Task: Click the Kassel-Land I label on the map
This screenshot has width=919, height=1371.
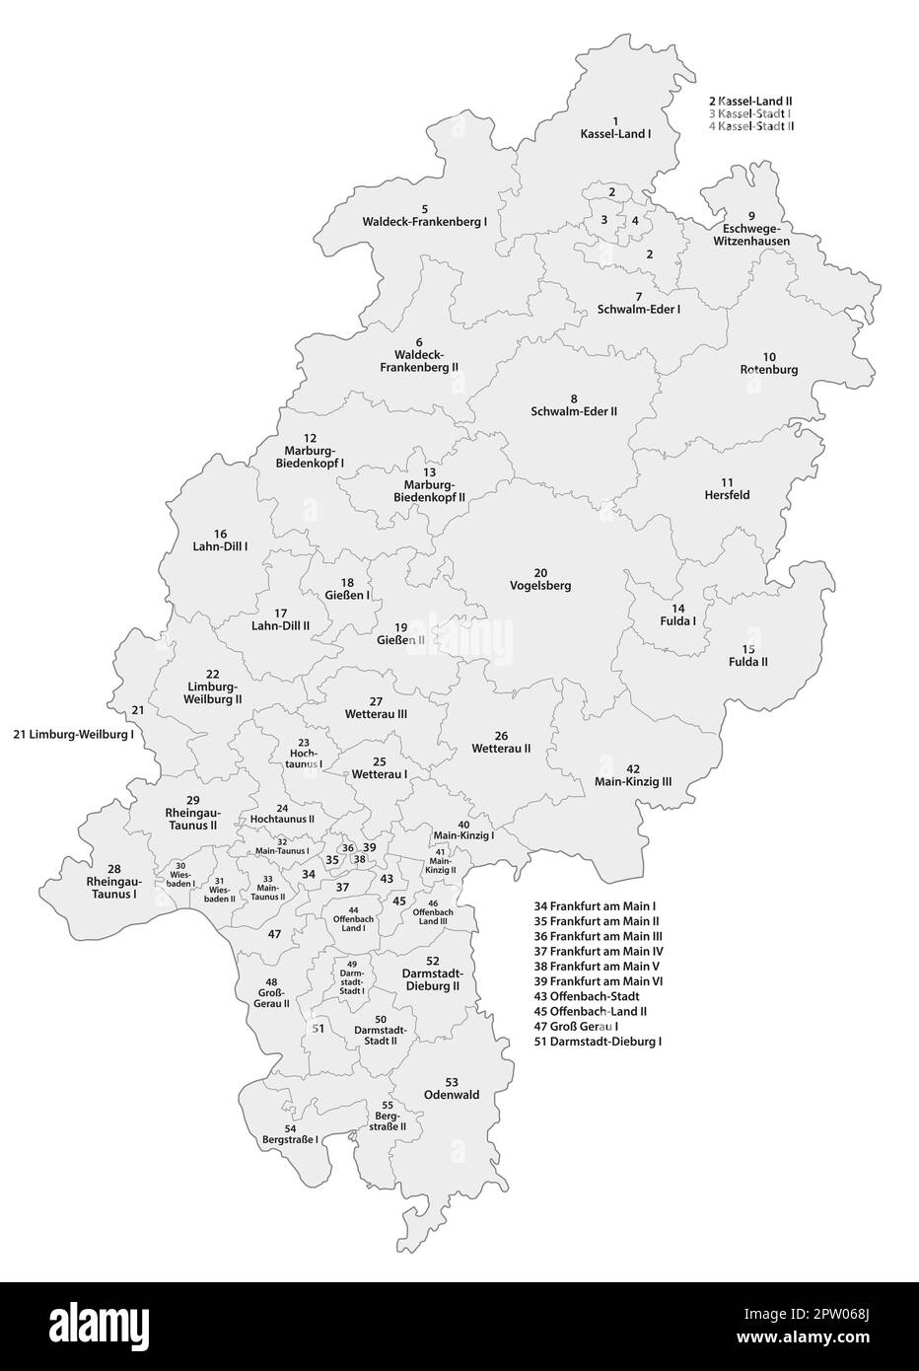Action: click(615, 132)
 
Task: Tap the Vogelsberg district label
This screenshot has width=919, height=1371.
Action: click(539, 585)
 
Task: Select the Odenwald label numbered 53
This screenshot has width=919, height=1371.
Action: click(452, 1094)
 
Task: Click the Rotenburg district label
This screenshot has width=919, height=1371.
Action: click(769, 369)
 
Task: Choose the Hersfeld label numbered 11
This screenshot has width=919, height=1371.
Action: click(727, 494)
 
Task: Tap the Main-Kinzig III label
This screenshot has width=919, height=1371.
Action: click(633, 781)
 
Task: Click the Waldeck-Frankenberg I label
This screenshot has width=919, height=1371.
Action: click(425, 222)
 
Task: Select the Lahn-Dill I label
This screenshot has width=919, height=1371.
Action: click(220, 544)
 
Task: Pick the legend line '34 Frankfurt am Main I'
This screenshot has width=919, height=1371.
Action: click(595, 905)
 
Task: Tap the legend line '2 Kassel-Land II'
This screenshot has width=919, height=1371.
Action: click(750, 101)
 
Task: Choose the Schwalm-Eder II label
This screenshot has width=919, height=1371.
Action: click(574, 410)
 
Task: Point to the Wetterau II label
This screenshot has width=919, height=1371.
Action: click(501, 749)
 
